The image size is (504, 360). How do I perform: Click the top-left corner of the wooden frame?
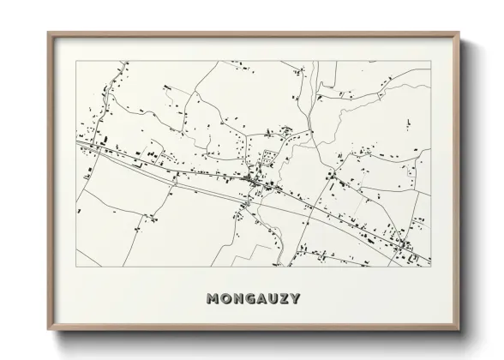(48, 33)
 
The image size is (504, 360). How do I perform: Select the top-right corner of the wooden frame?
(460, 33)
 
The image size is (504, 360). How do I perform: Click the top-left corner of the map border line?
(76, 61)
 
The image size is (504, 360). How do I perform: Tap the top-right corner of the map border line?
(430, 61)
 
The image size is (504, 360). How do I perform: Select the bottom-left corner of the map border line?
(76, 267)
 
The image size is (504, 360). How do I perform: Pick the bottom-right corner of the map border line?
(430, 267)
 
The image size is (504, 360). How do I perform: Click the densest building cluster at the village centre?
(254, 180)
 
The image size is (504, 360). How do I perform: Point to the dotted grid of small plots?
(268, 157)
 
